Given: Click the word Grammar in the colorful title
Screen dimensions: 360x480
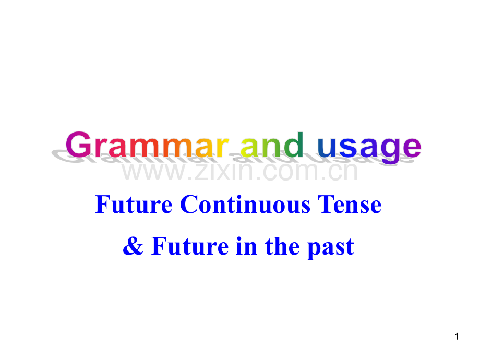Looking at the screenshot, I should (146, 145).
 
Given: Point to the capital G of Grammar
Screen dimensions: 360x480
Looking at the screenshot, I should (81, 145).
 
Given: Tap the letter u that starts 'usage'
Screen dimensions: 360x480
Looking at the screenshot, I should (327, 148).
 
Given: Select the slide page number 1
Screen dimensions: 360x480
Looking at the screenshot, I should (457, 337).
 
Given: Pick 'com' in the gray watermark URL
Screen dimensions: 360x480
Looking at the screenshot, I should (291, 172).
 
